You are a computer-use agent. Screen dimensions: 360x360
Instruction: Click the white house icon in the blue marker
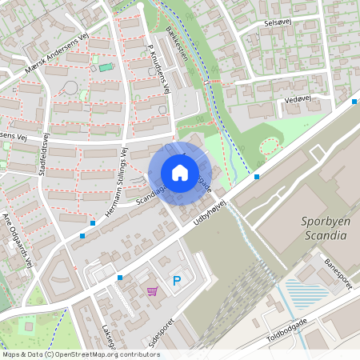180,173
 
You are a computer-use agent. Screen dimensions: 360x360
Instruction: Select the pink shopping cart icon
153,291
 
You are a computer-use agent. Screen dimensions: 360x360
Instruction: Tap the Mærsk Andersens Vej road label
56,57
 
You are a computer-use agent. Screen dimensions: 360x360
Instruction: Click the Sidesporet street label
162,333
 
